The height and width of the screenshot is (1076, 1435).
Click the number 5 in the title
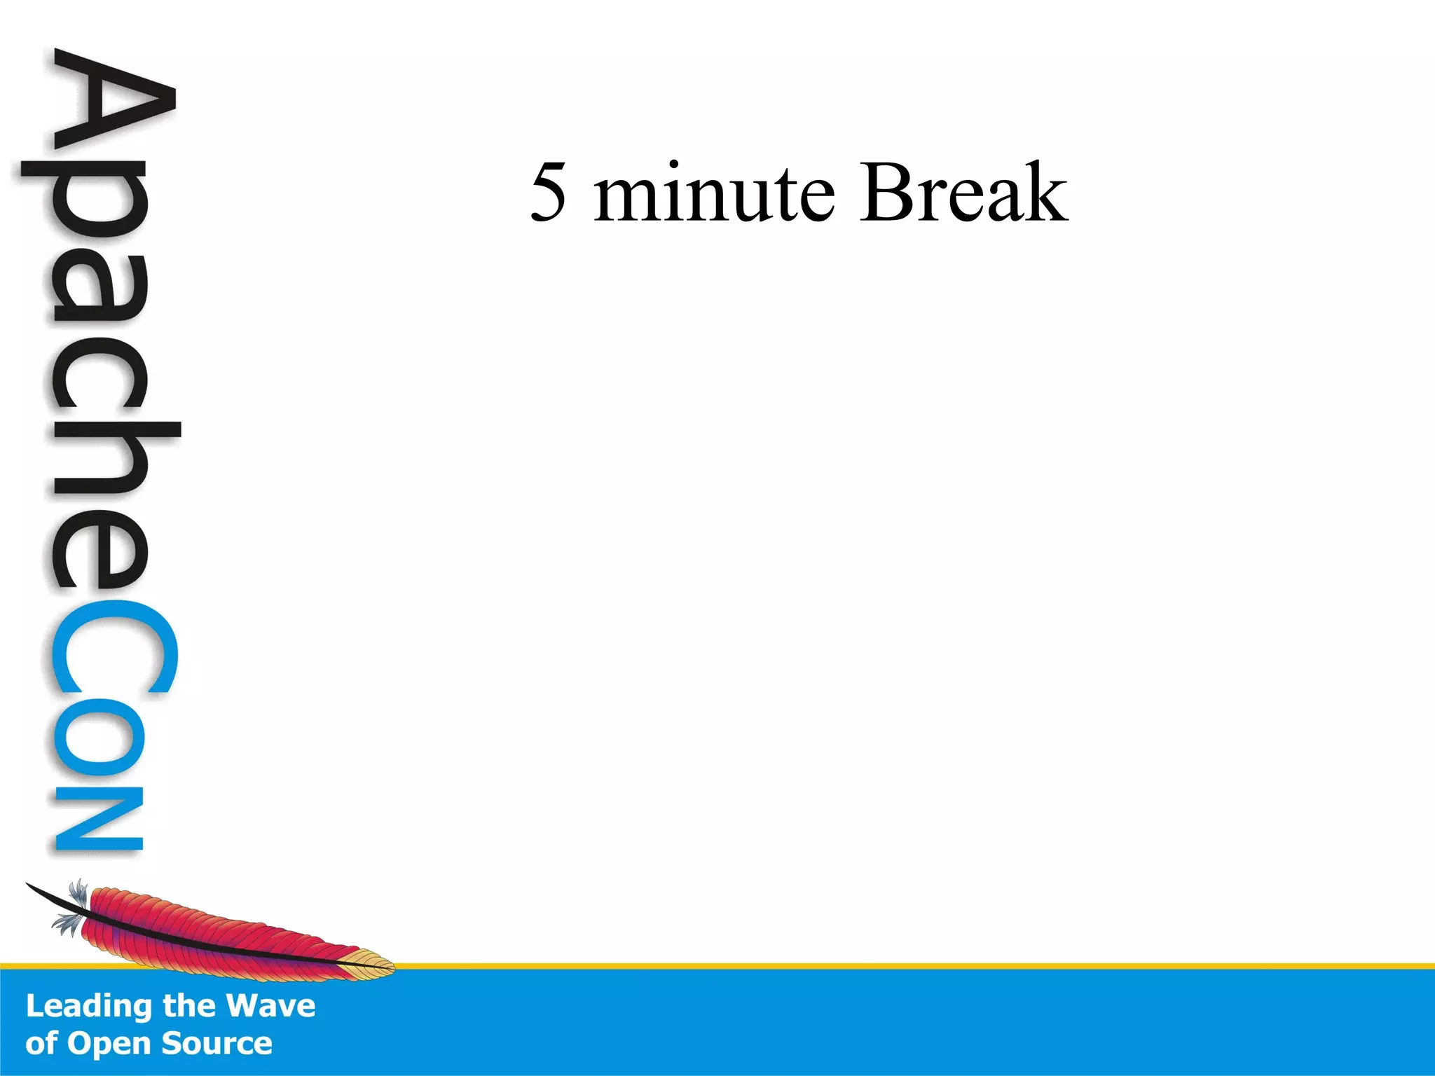click(x=549, y=192)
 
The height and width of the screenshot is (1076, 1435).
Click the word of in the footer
click(x=41, y=1044)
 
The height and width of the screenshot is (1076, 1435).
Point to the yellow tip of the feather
click(x=375, y=965)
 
